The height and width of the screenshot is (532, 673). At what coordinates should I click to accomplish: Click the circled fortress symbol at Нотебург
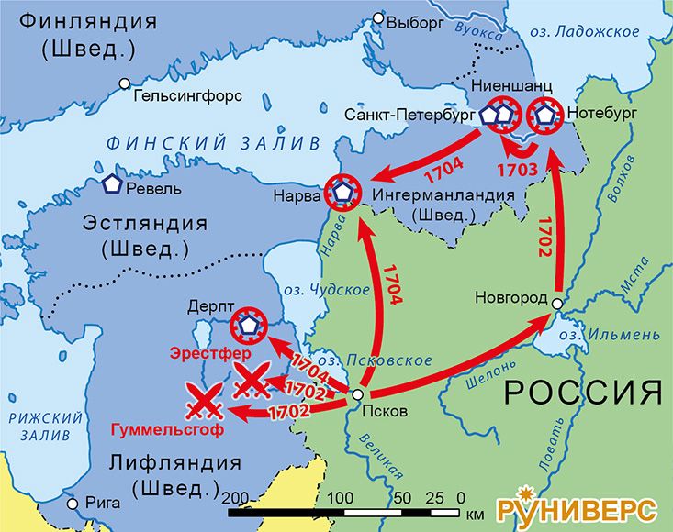pyautogui.click(x=544, y=115)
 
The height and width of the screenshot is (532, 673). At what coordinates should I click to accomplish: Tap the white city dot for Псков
pyautogui.click(x=357, y=394)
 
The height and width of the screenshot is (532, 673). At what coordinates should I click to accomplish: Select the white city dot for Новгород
pyautogui.click(x=557, y=301)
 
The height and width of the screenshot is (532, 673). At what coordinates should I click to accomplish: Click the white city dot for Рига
pyautogui.click(x=73, y=504)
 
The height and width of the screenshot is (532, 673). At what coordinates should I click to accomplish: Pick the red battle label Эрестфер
pyautogui.click(x=208, y=352)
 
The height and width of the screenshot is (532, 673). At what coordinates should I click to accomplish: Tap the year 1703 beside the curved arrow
pyautogui.click(x=517, y=170)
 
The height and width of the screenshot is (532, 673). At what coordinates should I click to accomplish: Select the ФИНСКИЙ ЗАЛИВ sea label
pyautogui.click(x=213, y=143)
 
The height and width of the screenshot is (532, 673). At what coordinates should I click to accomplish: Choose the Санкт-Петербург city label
pyautogui.click(x=409, y=116)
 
